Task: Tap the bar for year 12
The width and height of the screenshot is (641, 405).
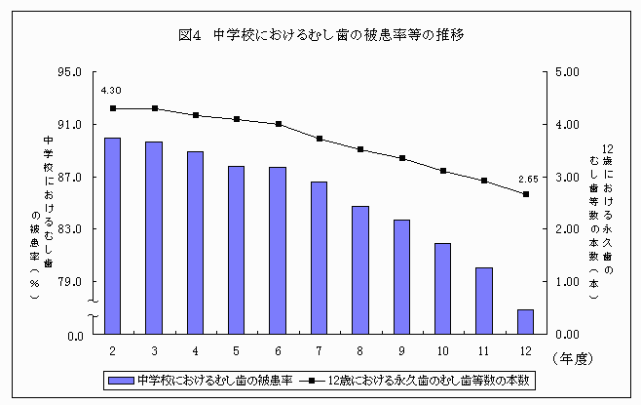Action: pyautogui.click(x=525, y=322)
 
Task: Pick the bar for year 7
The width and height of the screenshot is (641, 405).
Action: pyautogui.click(x=319, y=258)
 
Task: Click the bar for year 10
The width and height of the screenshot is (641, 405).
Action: pyautogui.click(x=442, y=288)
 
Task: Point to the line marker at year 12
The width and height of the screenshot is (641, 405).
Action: pyautogui.click(x=526, y=194)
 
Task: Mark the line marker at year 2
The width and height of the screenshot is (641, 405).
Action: pyautogui.click(x=113, y=108)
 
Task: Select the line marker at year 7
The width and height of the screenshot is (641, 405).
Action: pyautogui.click(x=320, y=139)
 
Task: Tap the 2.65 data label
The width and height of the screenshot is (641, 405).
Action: pyautogui.click(x=527, y=178)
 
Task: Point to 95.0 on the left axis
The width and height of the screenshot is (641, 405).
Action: pyautogui.click(x=69, y=72)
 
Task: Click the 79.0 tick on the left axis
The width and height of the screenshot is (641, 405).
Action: pyautogui.click(x=69, y=282)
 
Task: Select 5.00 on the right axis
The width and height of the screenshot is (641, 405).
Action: pyautogui.click(x=567, y=72)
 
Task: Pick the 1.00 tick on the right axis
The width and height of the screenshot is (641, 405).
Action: pyautogui.click(x=567, y=282)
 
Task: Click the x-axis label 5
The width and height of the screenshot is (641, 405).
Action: pyautogui.click(x=237, y=350)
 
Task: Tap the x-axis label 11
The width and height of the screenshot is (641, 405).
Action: pyautogui.click(x=484, y=350)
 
